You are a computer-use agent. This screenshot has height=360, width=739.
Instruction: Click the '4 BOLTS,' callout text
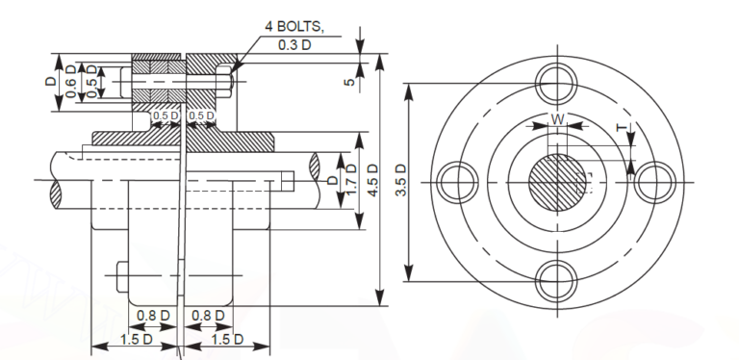tap(294, 26)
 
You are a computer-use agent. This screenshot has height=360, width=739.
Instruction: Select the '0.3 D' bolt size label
tap(294, 43)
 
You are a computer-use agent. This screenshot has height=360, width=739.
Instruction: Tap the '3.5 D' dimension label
tap(402, 181)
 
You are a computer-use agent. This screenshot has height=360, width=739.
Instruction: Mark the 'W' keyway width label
tap(557, 119)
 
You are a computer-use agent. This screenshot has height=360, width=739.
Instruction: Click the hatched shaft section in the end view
tap(557, 183)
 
